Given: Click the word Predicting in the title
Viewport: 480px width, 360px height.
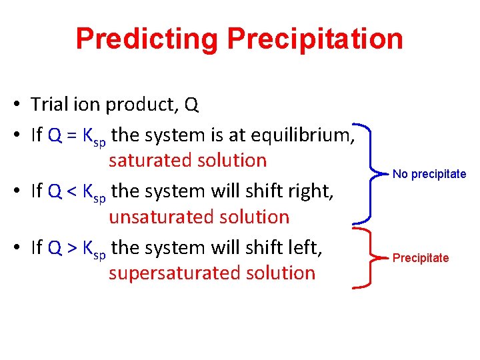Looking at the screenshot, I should click(x=147, y=39).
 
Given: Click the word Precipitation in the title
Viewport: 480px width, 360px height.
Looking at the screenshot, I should click(x=315, y=39).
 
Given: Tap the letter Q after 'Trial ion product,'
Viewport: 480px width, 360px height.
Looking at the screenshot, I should click(x=191, y=105).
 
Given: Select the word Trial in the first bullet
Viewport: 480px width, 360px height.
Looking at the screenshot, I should click(x=49, y=105).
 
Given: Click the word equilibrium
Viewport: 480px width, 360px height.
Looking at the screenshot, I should click(x=300, y=135).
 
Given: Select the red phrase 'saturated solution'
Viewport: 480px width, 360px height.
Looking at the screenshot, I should click(x=187, y=161).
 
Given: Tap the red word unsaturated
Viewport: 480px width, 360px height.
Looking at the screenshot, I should click(x=155, y=217).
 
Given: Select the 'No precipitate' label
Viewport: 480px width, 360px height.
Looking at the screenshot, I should click(x=429, y=174).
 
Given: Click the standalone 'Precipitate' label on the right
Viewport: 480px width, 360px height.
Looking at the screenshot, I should click(x=421, y=258).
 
